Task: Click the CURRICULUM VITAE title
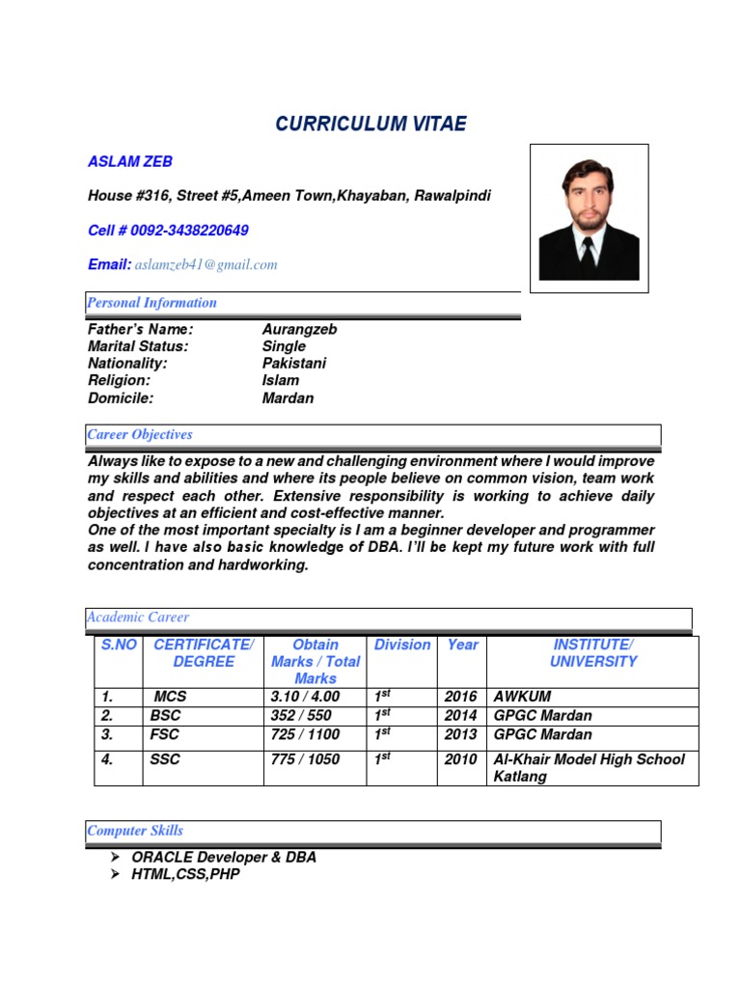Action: (370, 123)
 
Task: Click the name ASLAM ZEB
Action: (130, 162)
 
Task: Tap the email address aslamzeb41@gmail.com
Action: (206, 264)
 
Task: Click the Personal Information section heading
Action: (151, 303)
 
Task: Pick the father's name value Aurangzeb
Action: (299, 329)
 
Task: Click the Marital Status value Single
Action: (284, 346)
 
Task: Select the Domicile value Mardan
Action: (288, 398)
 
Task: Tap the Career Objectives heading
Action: (140, 435)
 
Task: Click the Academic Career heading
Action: (139, 617)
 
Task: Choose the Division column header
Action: (402, 645)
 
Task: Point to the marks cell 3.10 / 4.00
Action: (306, 697)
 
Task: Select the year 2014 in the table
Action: (460, 715)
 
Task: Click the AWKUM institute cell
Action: (522, 697)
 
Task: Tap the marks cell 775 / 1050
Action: (306, 759)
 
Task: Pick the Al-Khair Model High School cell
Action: (589, 767)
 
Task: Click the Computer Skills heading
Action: (135, 831)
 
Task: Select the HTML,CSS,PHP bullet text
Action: (185, 874)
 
